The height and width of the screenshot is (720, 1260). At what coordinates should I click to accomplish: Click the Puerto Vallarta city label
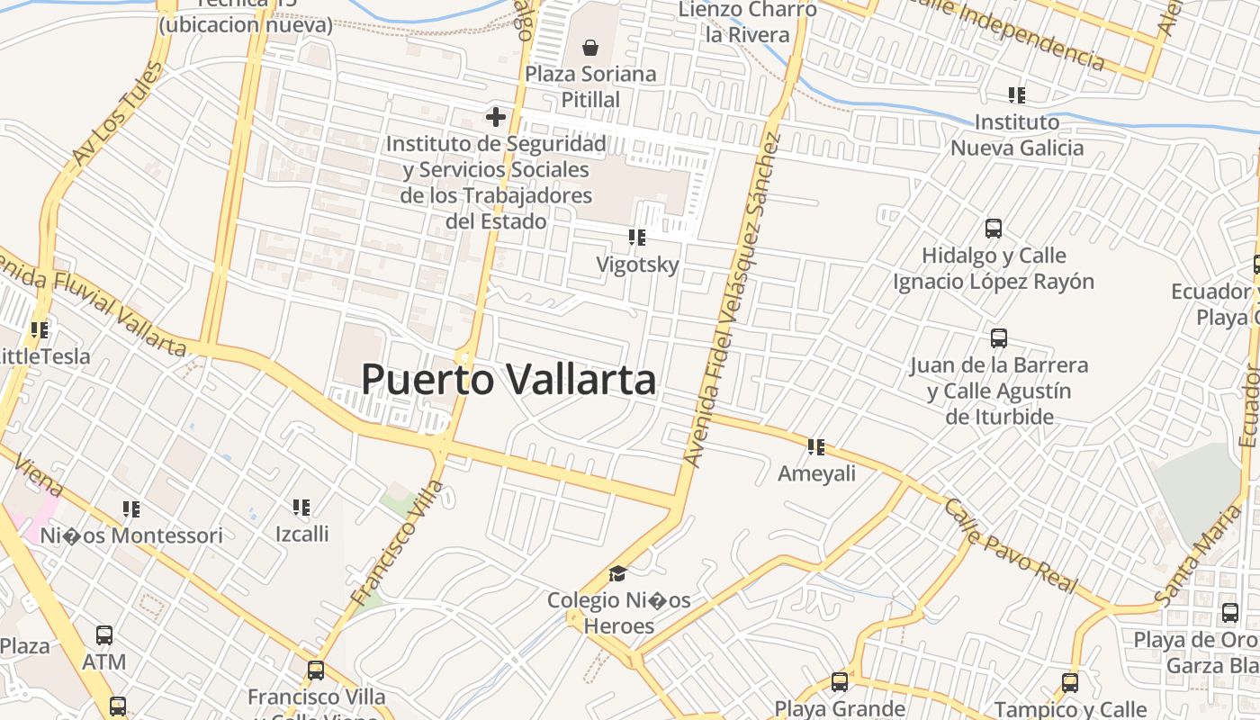coord(508,380)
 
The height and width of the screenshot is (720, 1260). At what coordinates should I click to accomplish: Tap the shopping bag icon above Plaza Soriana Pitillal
coord(590,47)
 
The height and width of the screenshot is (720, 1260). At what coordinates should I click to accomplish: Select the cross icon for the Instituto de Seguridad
coord(495,116)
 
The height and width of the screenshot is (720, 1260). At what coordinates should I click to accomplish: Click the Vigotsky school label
coord(637,265)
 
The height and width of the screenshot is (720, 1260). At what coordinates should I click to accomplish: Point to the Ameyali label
coord(816,473)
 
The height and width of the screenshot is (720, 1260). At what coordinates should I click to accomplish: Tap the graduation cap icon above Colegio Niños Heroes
coord(617,574)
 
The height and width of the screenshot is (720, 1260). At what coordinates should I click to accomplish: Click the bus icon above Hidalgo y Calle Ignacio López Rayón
coord(994,228)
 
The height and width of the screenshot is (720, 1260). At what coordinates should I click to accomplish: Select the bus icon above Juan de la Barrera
coord(999,338)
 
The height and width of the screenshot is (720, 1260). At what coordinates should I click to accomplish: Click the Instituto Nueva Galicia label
coord(1017,135)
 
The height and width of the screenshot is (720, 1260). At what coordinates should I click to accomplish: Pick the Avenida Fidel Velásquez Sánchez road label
coord(730,300)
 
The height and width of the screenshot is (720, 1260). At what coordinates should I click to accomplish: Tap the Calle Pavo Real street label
coord(1010,545)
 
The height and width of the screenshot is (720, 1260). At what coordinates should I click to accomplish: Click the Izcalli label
coord(301,534)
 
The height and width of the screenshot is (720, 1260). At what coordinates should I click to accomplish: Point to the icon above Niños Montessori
coord(131,509)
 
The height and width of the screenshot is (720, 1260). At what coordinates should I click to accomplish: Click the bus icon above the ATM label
coord(104,635)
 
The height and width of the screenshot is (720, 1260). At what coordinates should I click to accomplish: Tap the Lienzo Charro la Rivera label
coord(747,22)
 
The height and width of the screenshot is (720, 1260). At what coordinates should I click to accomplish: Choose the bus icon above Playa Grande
coord(840,682)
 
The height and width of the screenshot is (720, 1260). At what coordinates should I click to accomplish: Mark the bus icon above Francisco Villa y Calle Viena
coord(315,670)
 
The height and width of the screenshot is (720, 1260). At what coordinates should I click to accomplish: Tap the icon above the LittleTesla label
coord(39,329)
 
